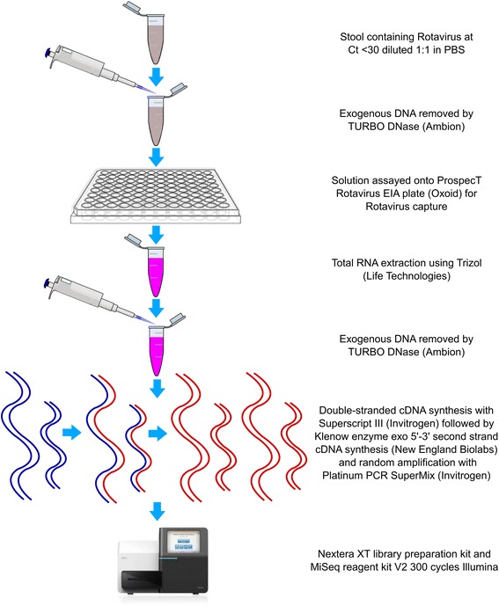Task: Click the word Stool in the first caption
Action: [x=352, y=37]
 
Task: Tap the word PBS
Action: [x=454, y=50]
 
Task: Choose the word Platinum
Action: [x=340, y=475]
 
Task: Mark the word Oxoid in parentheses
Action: [x=447, y=193]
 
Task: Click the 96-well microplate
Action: [x=156, y=195]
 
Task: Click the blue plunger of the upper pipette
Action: [x=49, y=53]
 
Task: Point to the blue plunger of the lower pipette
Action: [x=48, y=283]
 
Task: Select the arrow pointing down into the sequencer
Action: [x=157, y=511]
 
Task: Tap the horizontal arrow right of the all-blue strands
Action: [x=72, y=433]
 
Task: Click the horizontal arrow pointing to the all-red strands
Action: [x=158, y=434]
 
